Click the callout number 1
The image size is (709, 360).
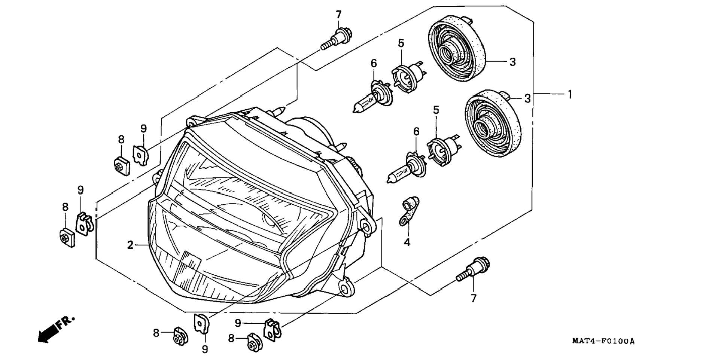[569, 94]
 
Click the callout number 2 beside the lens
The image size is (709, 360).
[130, 245]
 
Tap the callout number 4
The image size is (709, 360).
[407, 242]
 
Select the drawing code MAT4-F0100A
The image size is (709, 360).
[603, 341]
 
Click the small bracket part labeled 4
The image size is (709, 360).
[408, 211]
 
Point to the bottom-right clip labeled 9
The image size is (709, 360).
[273, 329]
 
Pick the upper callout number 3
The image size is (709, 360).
[512, 62]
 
